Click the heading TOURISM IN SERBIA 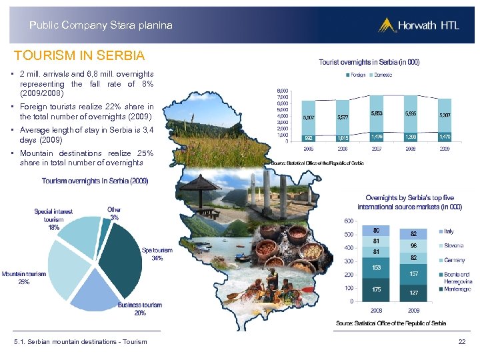[x=79, y=55]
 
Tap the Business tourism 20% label [x=140, y=309]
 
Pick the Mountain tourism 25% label [x=24, y=277]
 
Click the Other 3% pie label [x=115, y=213]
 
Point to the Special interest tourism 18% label [x=53, y=219]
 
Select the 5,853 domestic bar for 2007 [x=377, y=114]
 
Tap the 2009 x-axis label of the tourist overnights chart [x=444, y=149]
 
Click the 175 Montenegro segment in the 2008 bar [x=377, y=289]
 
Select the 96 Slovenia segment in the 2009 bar [x=413, y=245]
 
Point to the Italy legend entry [x=449, y=231]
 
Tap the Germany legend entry [x=453, y=260]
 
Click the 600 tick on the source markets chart [x=349, y=221]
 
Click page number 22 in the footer [x=461, y=342]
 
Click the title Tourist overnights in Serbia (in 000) [x=369, y=62]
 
